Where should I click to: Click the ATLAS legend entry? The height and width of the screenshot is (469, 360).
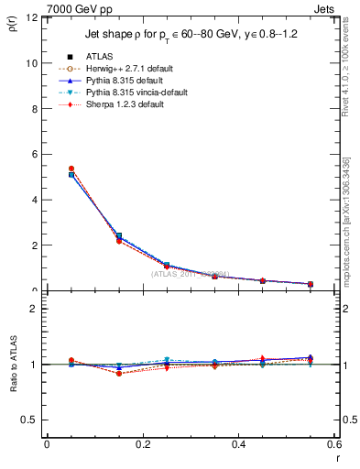(x=96, y=57)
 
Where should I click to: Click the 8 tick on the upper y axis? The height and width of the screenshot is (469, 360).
(x=34, y=109)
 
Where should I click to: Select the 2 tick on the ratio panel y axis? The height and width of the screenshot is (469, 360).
(x=34, y=309)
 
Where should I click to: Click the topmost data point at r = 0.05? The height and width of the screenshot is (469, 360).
(x=71, y=169)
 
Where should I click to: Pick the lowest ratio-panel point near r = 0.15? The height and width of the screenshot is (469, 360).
(x=118, y=374)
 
